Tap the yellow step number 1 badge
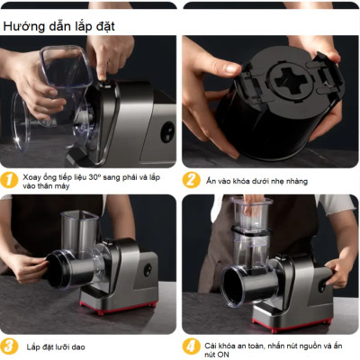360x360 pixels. (x=10, y=178)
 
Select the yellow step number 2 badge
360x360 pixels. (x=191, y=178)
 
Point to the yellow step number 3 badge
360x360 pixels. (x=10, y=346)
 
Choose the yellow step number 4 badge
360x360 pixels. (x=191, y=346)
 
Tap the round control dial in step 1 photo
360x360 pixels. (x=168, y=131)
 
